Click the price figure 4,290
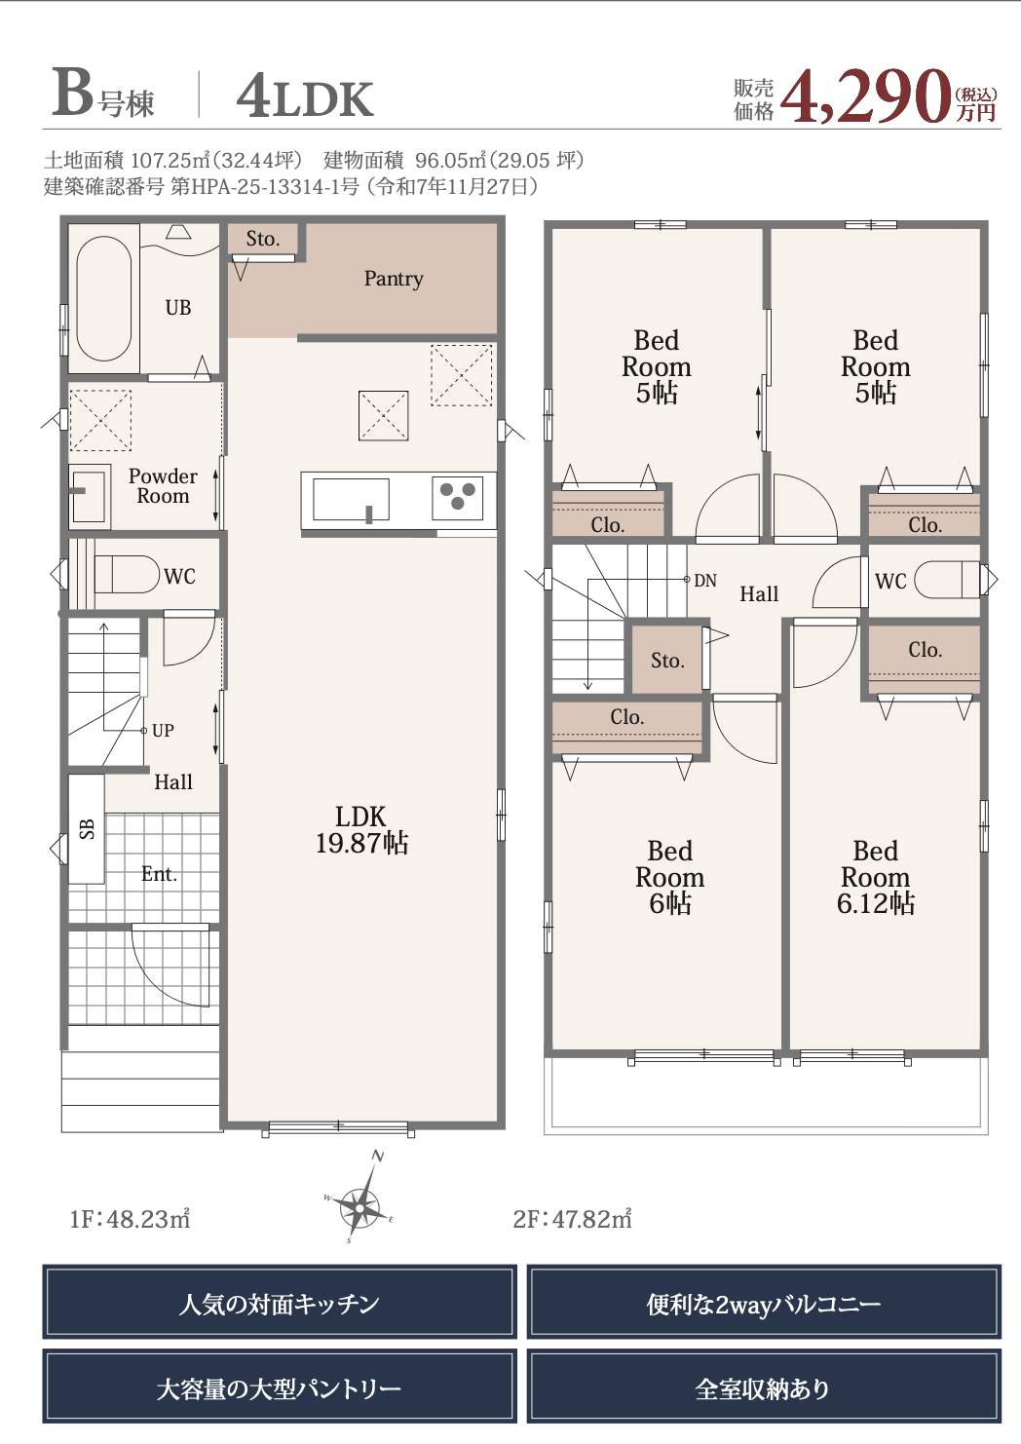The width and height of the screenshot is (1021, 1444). click(x=866, y=96)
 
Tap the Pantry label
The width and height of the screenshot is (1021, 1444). click(x=394, y=279)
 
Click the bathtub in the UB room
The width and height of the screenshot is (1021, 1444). click(x=104, y=298)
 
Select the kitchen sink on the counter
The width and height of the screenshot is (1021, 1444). click(x=352, y=500)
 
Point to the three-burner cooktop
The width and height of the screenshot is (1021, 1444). click(x=458, y=498)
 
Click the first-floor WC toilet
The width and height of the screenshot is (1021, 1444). click(x=127, y=574)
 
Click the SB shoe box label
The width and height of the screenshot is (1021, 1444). click(x=87, y=828)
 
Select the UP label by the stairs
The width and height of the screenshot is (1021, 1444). click(x=163, y=731)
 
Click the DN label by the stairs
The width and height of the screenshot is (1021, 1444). click(x=705, y=581)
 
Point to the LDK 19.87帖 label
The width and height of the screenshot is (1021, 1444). click(x=361, y=830)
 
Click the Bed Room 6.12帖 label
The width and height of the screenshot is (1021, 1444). click(x=875, y=877)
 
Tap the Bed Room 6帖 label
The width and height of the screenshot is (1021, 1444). click(x=669, y=877)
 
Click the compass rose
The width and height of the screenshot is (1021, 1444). click(x=359, y=1201)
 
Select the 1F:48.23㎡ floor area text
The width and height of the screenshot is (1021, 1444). click(x=130, y=1219)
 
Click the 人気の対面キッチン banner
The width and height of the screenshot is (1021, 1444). click(x=280, y=1301)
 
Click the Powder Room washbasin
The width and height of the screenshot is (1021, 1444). click(x=89, y=492)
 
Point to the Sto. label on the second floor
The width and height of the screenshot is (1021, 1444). click(x=667, y=660)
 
